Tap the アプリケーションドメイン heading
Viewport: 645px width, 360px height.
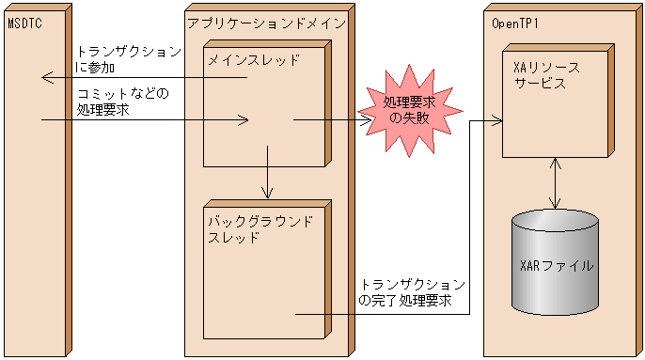point(266,22)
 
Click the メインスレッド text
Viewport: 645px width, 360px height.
point(254,61)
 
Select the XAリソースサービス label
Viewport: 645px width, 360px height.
point(546,75)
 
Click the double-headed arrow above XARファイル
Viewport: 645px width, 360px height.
point(557,184)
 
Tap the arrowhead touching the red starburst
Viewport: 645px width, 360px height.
point(368,119)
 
